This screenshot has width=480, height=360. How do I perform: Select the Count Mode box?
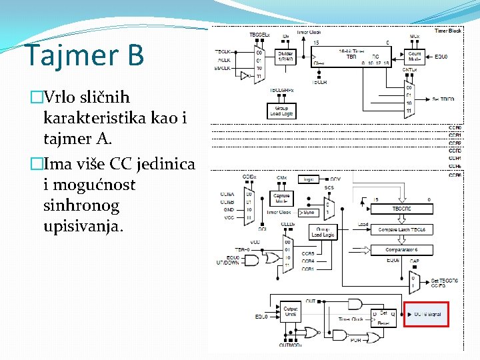point(415,57)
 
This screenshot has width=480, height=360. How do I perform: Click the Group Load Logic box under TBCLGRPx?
point(281,110)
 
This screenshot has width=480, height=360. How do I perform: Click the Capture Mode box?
point(281,199)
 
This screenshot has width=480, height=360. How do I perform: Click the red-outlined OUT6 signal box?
point(427,314)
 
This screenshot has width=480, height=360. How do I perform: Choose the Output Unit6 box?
point(291,311)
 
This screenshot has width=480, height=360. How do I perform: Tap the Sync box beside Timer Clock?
point(307,212)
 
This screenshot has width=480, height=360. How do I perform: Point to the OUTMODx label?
point(291,345)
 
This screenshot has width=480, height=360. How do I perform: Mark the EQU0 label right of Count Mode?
point(441,57)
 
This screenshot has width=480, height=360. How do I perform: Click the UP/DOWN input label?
point(227,263)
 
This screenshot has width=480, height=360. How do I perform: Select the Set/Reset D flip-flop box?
point(382,316)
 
